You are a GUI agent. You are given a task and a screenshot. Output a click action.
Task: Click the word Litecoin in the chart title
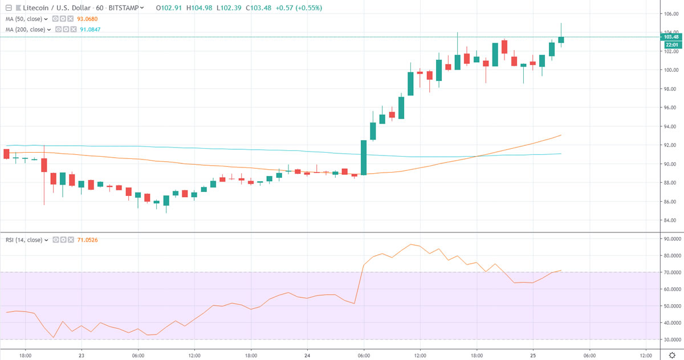pyautogui.click(x=29, y=9)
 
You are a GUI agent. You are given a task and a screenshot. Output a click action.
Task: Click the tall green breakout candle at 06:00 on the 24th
pyautogui.click(x=364, y=157)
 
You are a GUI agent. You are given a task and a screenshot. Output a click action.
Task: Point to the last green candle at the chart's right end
pyautogui.click(x=561, y=39)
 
